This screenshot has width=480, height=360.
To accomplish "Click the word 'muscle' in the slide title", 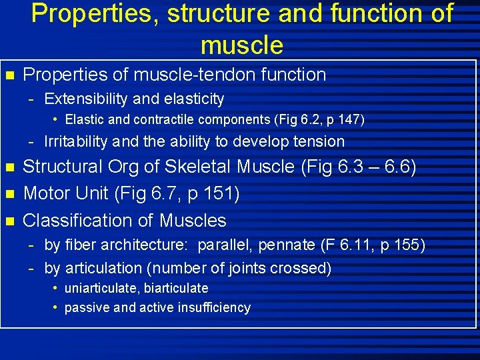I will pos(241,45).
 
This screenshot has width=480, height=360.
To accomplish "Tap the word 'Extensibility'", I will pos(87,99).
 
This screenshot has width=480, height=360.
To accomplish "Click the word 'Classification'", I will pos(83,220).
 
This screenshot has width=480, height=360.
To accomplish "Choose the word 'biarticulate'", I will pos(176,288).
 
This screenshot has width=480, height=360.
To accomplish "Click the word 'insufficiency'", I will pos(215,307).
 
